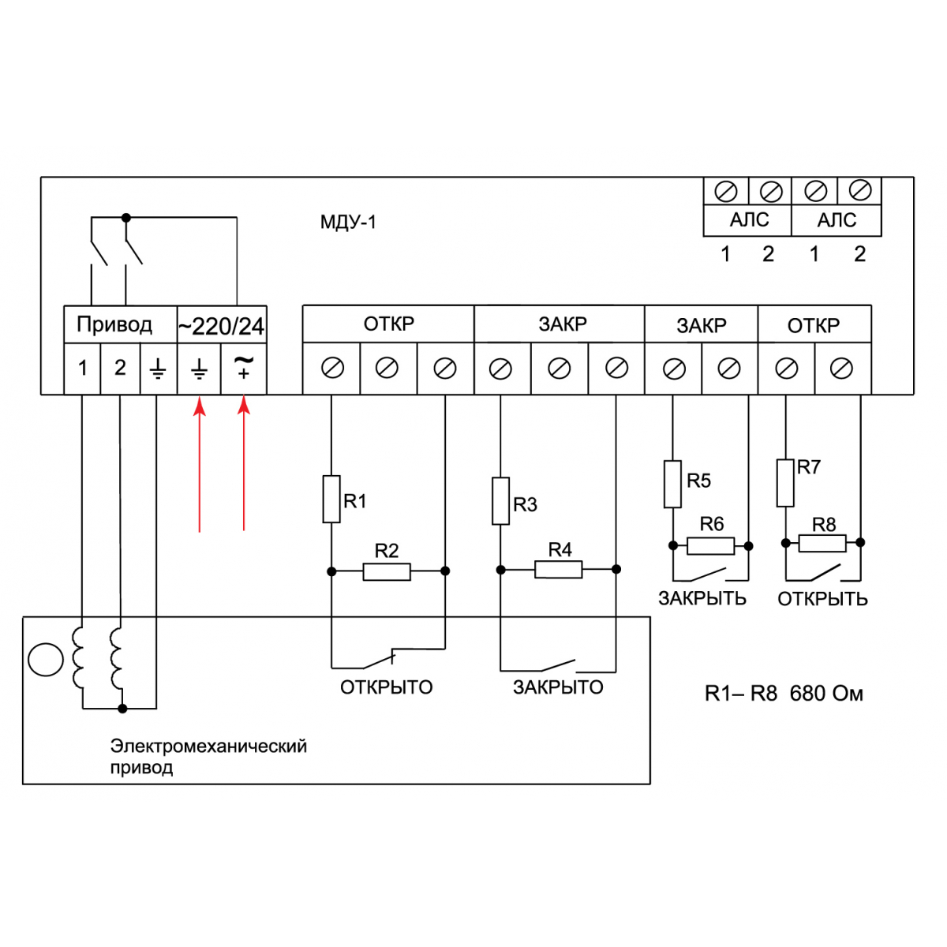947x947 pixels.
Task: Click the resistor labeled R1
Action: point(331,499)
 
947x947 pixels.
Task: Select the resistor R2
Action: point(387,571)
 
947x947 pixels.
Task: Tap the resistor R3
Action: point(500,500)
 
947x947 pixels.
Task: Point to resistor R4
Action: point(559,569)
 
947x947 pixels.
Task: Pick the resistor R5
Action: point(672,484)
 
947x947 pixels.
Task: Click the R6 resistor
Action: point(710,545)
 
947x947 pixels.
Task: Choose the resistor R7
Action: point(785,482)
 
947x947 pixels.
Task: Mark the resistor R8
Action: point(822,543)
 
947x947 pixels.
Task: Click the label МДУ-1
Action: point(348,223)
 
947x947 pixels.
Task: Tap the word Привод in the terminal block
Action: point(114,324)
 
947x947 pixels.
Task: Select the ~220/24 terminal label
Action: point(221,326)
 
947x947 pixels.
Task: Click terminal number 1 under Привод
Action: point(83,368)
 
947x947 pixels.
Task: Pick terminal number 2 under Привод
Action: point(120,368)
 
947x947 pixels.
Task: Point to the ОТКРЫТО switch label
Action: point(387,687)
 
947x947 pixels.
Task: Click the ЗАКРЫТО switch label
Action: point(558,687)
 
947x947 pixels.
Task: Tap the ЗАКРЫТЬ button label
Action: point(702,598)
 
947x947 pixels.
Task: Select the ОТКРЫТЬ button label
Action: point(822,599)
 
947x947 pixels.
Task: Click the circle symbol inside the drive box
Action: point(45,660)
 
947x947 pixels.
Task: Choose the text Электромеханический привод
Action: point(208,756)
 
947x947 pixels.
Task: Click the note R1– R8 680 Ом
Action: point(784,694)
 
